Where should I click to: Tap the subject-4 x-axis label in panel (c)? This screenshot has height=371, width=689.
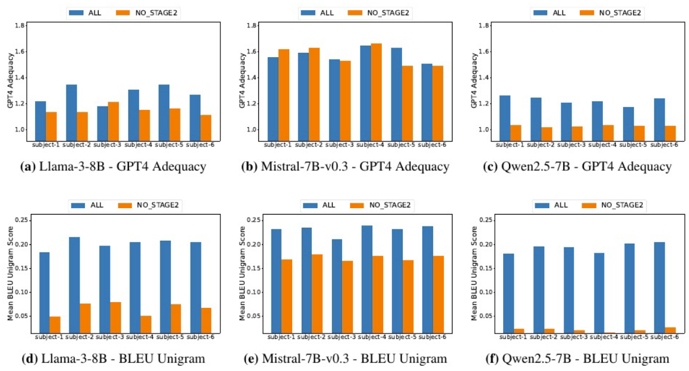tap(606, 145)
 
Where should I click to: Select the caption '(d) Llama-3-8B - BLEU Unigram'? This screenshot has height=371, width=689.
tap(113, 359)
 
